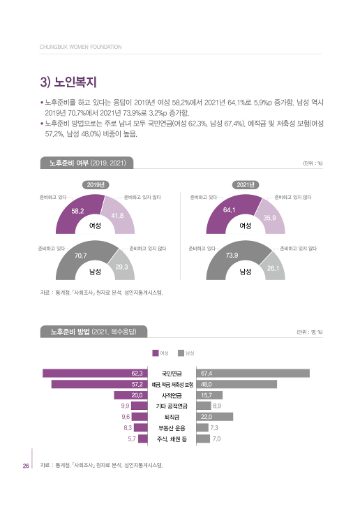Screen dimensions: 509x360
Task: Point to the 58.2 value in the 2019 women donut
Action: click(x=78, y=210)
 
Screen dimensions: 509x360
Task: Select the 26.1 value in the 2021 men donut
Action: click(x=273, y=268)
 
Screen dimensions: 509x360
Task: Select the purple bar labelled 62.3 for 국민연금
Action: click(x=95, y=373)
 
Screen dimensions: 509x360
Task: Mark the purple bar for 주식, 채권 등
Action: click(x=142, y=439)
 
